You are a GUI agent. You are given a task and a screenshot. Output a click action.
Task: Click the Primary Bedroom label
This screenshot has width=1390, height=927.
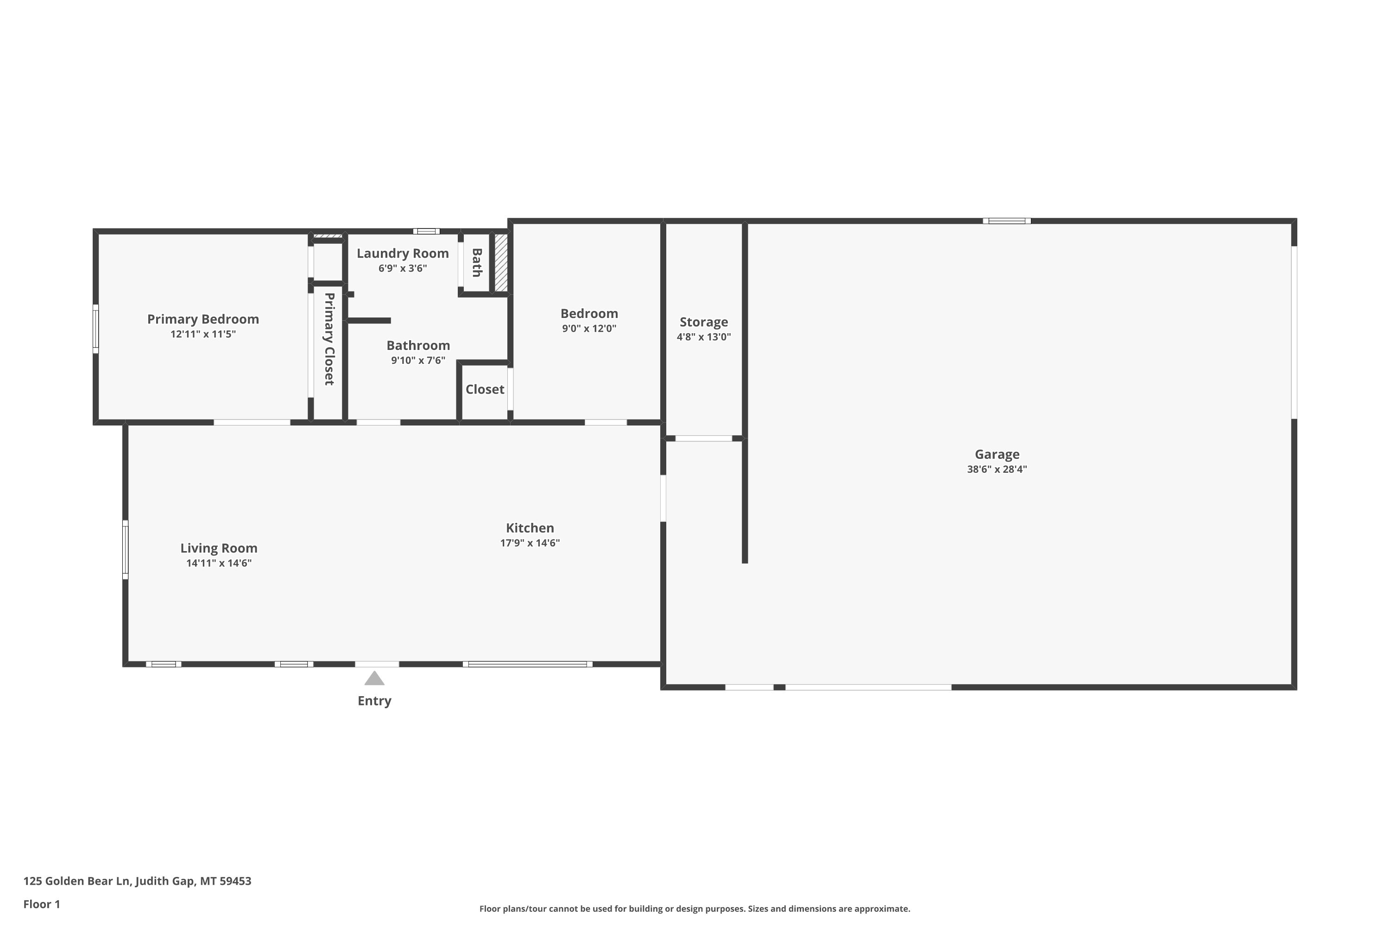click(x=203, y=319)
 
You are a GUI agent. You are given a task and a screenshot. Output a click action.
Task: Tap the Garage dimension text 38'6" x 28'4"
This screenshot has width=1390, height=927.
click(x=997, y=470)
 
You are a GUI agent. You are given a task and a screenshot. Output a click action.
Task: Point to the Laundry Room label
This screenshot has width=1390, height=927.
click(x=403, y=254)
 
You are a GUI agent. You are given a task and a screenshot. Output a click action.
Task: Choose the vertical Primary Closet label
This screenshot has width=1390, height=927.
click(x=329, y=339)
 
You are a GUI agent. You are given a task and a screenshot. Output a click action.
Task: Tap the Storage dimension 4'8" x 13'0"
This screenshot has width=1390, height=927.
click(x=704, y=337)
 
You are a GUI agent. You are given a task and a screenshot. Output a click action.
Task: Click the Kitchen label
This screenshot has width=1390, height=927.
click(x=530, y=528)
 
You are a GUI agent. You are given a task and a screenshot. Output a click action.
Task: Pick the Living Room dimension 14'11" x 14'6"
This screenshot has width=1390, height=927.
click(x=219, y=563)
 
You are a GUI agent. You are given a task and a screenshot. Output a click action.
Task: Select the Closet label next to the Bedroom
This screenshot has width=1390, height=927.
click(x=485, y=389)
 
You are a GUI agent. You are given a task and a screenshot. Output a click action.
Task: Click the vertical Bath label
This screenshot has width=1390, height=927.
click(x=476, y=262)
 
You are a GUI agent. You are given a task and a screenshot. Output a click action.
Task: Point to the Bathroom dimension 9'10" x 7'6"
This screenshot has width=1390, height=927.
click(x=418, y=360)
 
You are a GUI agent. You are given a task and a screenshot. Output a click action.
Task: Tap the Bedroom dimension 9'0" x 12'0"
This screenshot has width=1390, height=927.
click(x=589, y=328)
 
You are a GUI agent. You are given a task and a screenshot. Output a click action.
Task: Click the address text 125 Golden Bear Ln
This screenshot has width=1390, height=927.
click(x=76, y=881)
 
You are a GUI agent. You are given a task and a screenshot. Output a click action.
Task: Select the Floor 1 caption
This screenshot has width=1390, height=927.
click(x=42, y=904)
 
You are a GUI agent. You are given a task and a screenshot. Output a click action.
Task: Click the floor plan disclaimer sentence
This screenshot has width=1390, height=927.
click(x=695, y=908)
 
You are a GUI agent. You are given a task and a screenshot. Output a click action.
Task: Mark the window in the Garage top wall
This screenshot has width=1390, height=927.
click(x=1006, y=221)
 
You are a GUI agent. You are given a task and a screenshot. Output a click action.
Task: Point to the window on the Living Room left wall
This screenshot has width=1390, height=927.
click(x=125, y=549)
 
